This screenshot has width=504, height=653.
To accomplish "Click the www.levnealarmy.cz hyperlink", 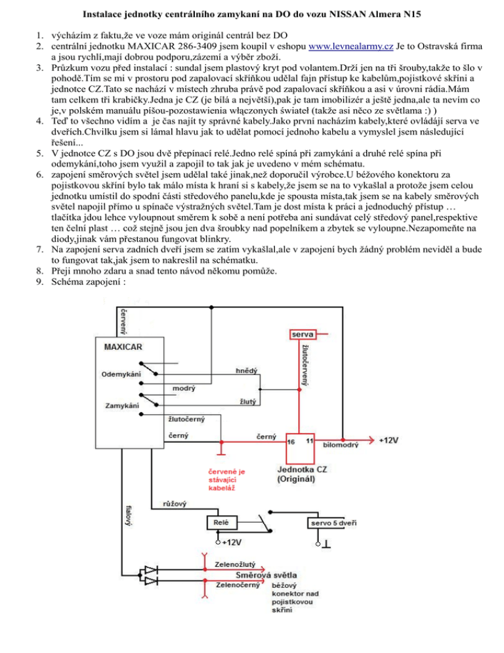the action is pos(350,46).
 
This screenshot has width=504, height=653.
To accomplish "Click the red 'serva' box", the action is pos(303,334).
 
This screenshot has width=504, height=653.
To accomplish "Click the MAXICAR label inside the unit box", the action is pos(123,347).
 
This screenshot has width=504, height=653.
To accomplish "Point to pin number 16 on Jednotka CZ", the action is pos(291,442).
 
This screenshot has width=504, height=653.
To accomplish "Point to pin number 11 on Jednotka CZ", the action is pos(310,441).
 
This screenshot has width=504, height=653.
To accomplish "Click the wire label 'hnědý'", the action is pos(246,371).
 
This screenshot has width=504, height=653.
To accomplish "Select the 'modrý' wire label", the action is pos(184,388).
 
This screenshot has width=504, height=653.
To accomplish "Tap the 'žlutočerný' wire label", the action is pos(186,419).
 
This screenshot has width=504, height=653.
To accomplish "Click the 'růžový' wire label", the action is pos(175,504).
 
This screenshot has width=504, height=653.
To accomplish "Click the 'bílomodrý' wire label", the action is pos(341,445).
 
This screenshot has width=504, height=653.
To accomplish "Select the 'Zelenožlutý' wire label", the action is pos(235,565).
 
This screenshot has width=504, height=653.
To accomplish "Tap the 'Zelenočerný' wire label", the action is pos(238,585).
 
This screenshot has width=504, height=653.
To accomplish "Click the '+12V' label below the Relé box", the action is pos(232,543).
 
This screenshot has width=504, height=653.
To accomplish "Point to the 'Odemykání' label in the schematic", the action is pos(121,374).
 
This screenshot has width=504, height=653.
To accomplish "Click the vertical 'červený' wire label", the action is pos(123,322).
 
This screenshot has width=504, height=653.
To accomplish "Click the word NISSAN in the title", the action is pos(347,14).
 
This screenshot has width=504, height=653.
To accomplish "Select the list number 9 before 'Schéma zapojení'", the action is pos(39,282).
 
